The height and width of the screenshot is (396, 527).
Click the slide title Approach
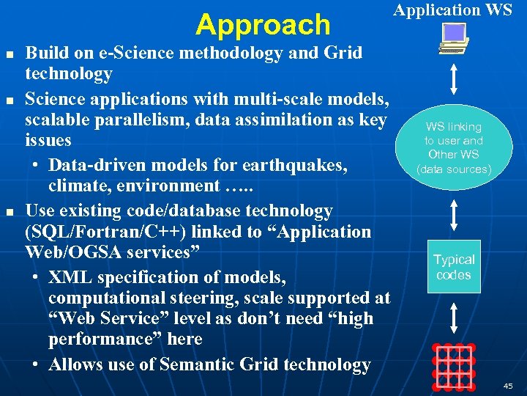point(263,25)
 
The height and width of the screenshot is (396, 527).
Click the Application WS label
point(452,10)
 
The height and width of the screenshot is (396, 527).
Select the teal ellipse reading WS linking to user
point(454,147)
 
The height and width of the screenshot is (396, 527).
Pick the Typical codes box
point(454,267)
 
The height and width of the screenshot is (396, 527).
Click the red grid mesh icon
point(454,364)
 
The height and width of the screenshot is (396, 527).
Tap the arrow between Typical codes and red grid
point(455,319)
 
